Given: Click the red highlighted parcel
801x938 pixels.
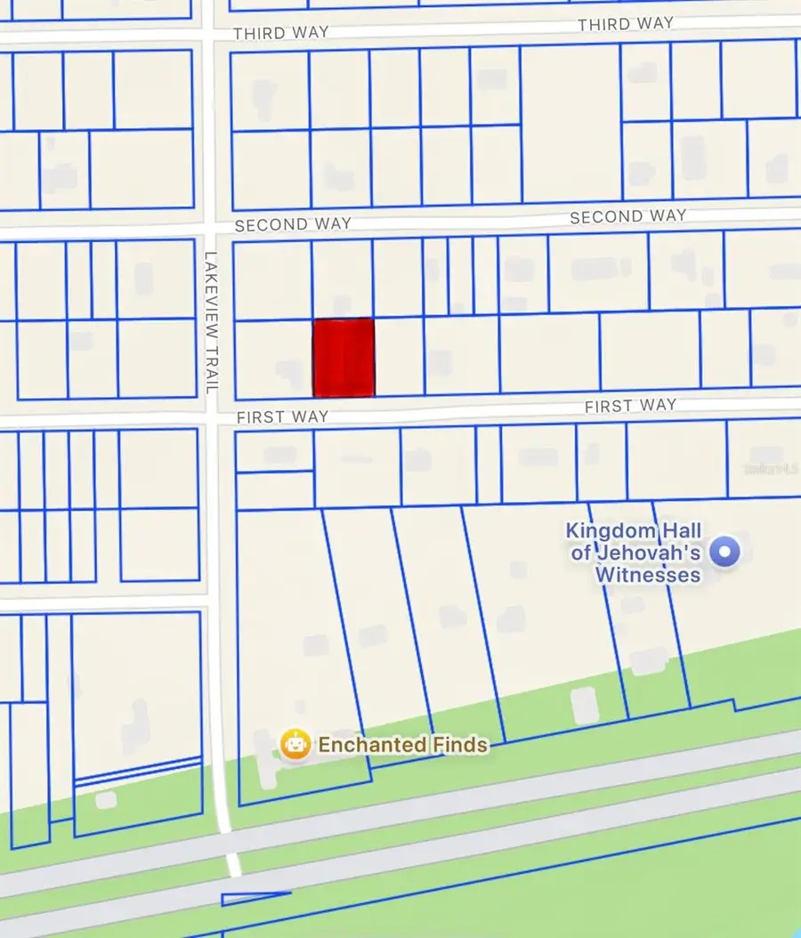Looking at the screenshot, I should [x=343, y=357].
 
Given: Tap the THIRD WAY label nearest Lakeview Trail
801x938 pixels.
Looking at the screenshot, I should [x=280, y=33].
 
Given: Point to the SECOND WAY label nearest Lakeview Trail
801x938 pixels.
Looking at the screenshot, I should [x=293, y=224].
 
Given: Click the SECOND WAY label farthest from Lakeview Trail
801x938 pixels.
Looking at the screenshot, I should [x=627, y=216].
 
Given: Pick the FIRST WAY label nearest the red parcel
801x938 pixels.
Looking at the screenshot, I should [x=282, y=416].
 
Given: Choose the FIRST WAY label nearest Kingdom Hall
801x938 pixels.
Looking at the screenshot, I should [x=630, y=406].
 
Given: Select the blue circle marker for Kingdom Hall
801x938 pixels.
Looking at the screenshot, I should [x=728, y=552].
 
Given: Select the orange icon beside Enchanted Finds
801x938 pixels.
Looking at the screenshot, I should [x=295, y=744].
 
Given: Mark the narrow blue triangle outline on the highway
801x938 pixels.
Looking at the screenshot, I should [x=254, y=897].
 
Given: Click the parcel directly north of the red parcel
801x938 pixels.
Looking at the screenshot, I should [x=342, y=279].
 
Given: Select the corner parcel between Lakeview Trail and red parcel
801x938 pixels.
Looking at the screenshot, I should [x=272, y=359].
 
